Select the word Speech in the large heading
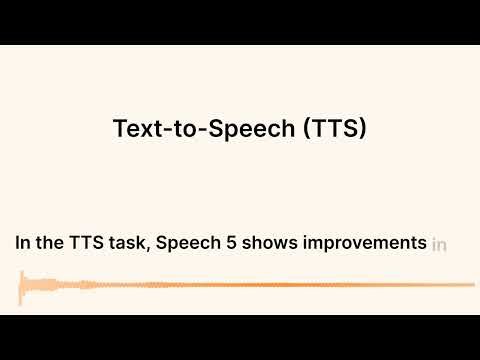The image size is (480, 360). coord(243,129)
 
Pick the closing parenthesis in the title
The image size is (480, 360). coord(364,129)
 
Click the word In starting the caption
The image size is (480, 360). coord(22,243)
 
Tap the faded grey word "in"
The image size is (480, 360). coord(439,243)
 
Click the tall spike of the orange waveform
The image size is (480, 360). coord(23,288)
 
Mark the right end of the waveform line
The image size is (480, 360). coord(473,285)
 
